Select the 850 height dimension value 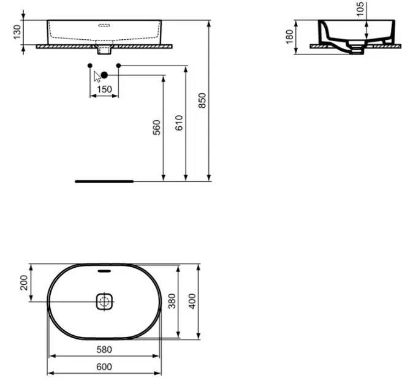click(x=202, y=100)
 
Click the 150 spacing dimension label click(x=104, y=89)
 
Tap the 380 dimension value click(x=172, y=301)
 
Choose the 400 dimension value click(x=191, y=301)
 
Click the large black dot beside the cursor click(x=104, y=75)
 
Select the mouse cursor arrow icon click(x=96, y=77)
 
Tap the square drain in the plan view click(x=104, y=301)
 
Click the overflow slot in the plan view click(x=104, y=271)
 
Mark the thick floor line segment click(x=104, y=181)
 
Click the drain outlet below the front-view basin click(x=104, y=47)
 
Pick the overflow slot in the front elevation click(x=104, y=26)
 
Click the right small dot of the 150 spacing click(x=118, y=65)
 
